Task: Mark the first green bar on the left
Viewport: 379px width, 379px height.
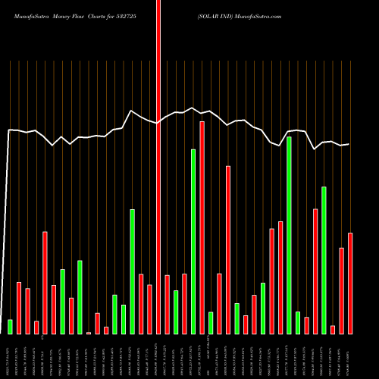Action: coord(10,327)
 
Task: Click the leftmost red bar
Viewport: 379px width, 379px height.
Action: coord(19,308)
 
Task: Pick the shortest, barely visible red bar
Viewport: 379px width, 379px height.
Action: coord(89,333)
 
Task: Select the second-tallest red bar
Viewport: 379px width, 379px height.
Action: coord(202,227)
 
